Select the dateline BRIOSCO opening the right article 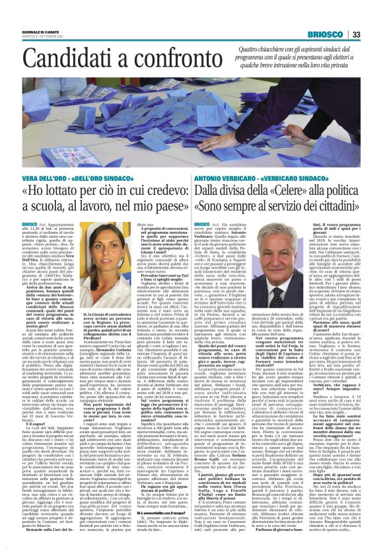coord(202,225)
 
